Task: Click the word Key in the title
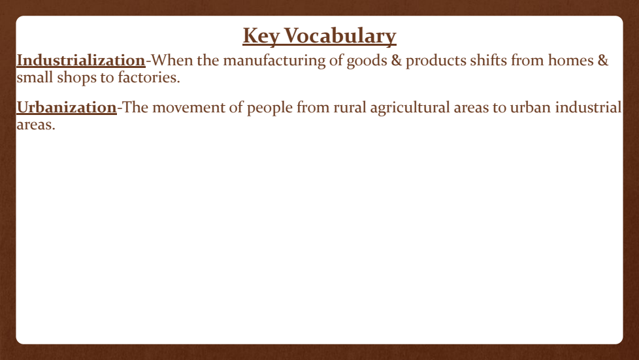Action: pyautogui.click(x=261, y=36)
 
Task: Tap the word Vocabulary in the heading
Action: pyautogui.click(x=340, y=36)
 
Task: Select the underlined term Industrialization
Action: pyautogui.click(x=81, y=60)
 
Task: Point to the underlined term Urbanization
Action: pyautogui.click(x=67, y=108)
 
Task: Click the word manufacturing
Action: pyautogui.click(x=274, y=61)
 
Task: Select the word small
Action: pyautogui.click(x=35, y=77)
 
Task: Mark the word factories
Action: pyautogui.click(x=149, y=77)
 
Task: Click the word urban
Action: pyautogui.click(x=531, y=108)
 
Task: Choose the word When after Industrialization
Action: pyautogui.click(x=172, y=60)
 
